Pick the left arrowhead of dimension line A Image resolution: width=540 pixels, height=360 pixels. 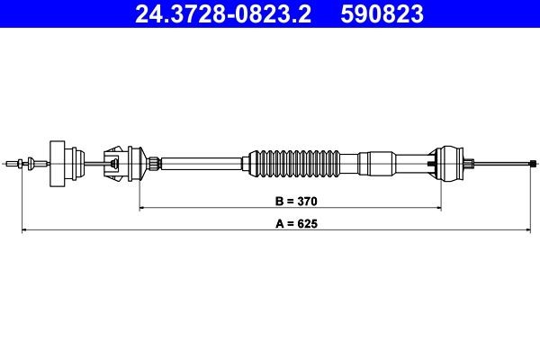[23, 231]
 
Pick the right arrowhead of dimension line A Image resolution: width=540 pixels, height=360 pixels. [533, 231]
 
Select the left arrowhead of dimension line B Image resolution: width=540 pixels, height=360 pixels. [142, 208]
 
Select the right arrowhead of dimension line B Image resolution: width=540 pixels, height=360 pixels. [440, 208]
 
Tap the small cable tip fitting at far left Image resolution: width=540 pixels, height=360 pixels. [18, 163]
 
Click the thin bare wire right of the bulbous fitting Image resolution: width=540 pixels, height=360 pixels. [504, 163]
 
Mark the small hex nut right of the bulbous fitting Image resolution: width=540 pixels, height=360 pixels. [471, 163]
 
